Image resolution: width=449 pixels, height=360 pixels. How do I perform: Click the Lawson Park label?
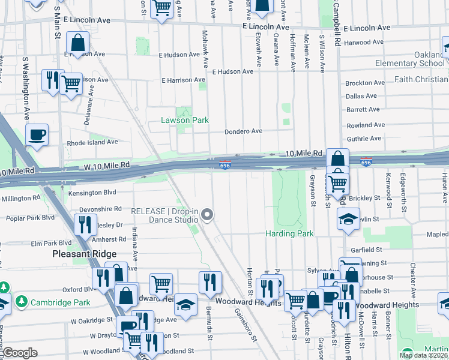tap(184, 120)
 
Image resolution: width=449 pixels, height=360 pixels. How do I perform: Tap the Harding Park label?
tap(290, 233)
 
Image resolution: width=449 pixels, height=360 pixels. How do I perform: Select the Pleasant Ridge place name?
tap(84, 254)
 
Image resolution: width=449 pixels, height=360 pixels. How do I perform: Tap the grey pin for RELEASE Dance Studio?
tap(208, 215)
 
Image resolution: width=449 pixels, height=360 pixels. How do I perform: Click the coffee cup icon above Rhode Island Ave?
tap(37, 134)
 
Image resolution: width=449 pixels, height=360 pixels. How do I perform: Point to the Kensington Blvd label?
tap(91, 193)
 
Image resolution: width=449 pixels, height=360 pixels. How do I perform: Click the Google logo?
tap(20, 353)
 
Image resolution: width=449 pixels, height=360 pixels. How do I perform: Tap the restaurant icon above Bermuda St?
tap(210, 281)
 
